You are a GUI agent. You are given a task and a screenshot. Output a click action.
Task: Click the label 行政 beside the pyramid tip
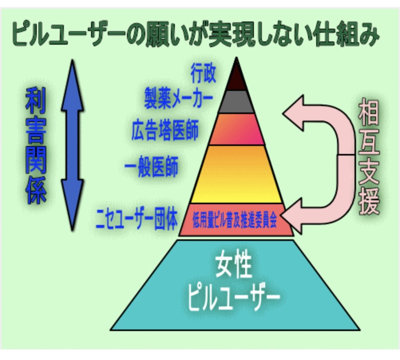tap(203, 74)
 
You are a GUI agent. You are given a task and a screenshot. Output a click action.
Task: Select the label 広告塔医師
tap(164, 131)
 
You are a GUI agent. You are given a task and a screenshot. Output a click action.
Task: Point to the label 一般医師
tap(151, 167)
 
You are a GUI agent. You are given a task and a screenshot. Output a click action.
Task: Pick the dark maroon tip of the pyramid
tap(236, 78)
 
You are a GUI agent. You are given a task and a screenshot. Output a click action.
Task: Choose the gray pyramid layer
tap(236, 102)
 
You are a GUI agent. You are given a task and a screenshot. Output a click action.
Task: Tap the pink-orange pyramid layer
tap(236, 129)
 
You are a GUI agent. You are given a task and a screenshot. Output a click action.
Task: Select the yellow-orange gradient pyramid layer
tap(236, 174)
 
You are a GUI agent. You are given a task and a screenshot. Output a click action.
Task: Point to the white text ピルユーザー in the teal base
tap(234, 299)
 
